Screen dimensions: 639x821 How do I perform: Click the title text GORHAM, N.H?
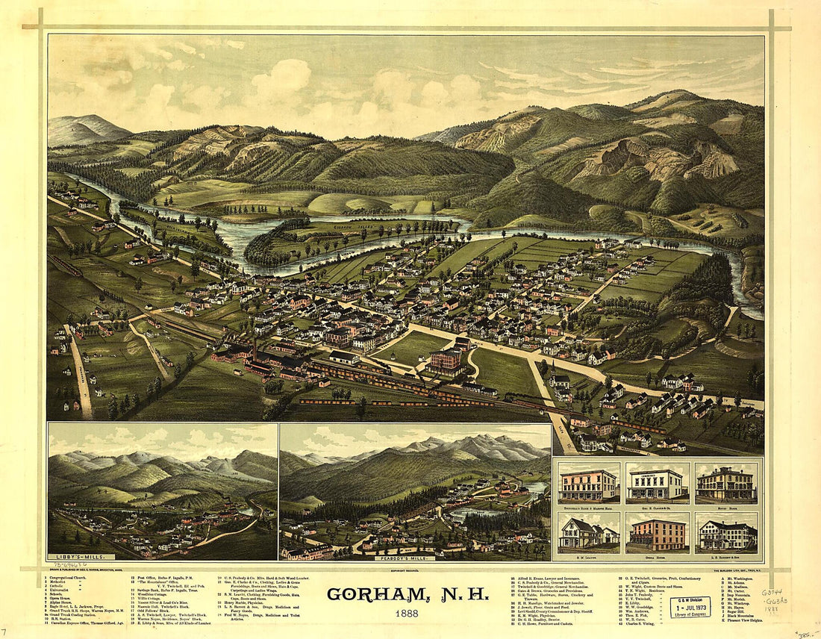point(408,595)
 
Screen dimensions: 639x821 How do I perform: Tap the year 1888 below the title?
point(408,614)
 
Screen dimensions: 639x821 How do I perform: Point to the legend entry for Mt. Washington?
point(739,577)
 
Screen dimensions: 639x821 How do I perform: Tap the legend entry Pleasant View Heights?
point(746,619)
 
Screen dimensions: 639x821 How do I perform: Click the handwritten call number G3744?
point(772,592)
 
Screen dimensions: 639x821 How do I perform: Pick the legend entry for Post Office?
point(168,577)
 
